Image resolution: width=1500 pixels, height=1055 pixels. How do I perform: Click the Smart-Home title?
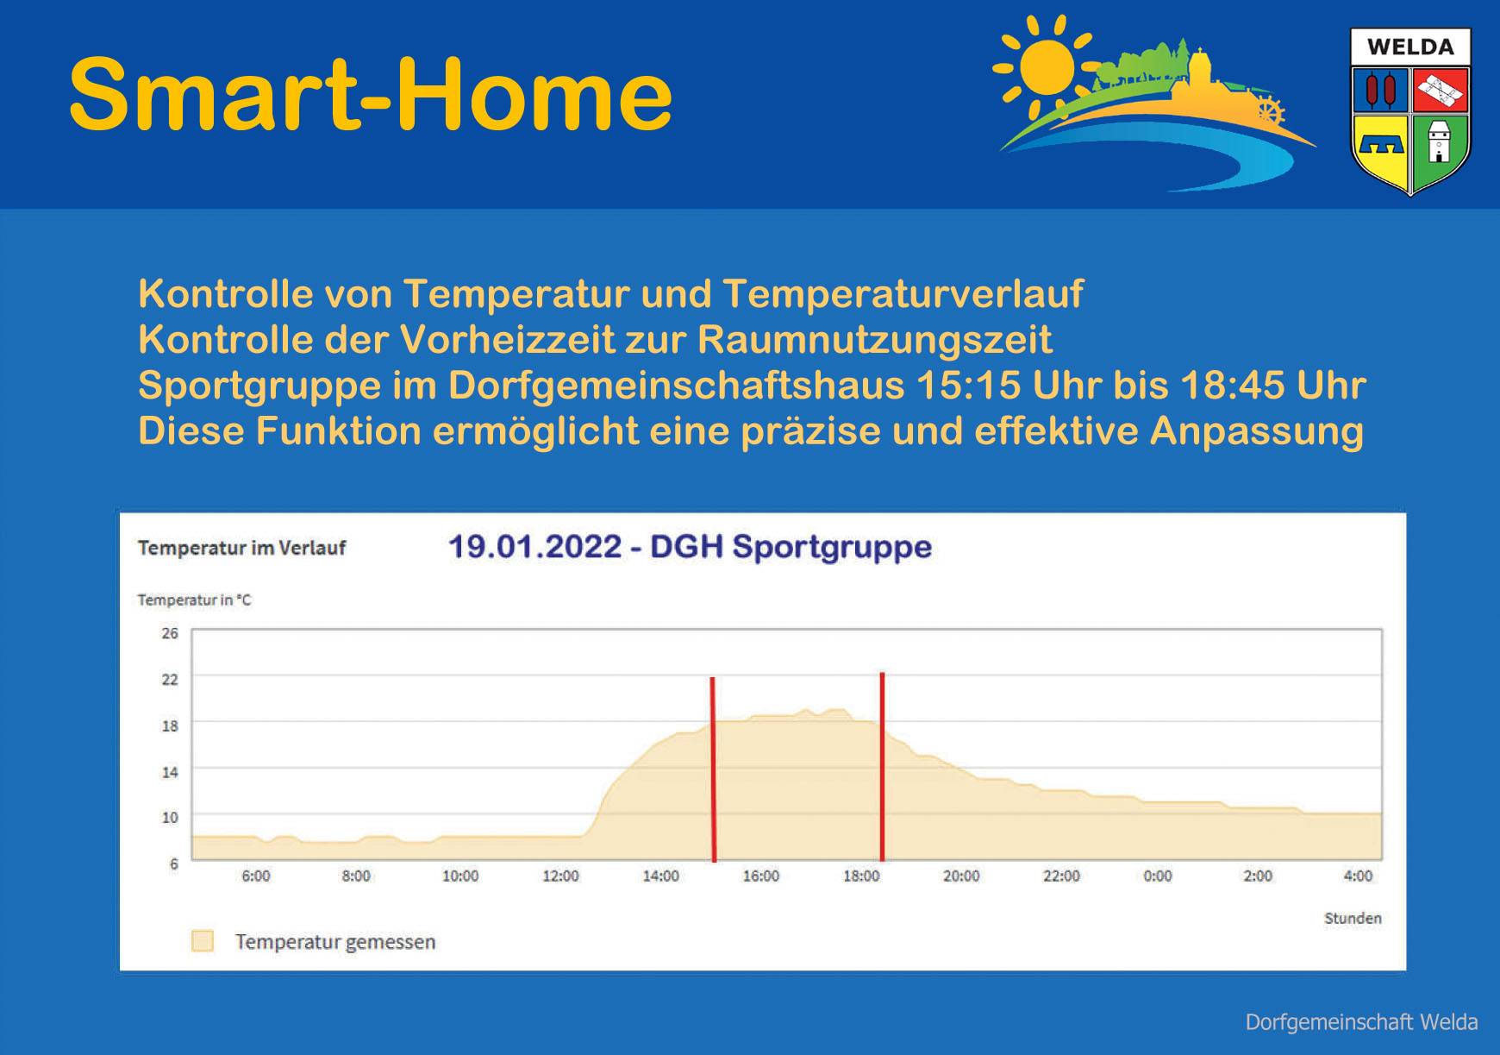point(371,94)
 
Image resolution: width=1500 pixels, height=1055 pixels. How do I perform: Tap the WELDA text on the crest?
point(1410,47)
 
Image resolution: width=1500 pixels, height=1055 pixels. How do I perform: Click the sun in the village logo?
point(1046,66)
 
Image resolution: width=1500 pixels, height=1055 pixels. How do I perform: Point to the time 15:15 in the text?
point(969,386)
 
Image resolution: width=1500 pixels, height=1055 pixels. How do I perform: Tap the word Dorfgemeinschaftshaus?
point(677,386)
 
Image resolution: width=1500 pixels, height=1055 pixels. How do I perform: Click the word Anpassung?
point(1257,431)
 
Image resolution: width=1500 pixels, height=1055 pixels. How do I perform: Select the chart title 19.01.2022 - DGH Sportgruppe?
point(690,547)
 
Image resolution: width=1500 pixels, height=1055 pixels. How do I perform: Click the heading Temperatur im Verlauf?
point(241,548)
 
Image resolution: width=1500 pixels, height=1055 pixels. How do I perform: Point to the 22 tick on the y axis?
point(170,680)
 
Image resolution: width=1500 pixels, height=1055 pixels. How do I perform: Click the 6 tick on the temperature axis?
point(174,863)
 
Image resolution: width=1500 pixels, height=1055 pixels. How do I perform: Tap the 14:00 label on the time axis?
point(660,876)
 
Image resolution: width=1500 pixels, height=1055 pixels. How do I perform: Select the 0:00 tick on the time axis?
point(1158,876)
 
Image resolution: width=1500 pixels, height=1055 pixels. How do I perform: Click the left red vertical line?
point(713,769)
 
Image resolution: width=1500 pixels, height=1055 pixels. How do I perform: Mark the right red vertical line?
point(882,767)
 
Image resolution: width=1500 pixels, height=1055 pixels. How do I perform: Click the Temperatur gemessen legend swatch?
point(203,941)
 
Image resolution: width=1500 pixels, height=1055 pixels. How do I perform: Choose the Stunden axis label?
point(1353,919)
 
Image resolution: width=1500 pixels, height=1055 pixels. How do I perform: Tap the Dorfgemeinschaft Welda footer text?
point(1362,1022)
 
